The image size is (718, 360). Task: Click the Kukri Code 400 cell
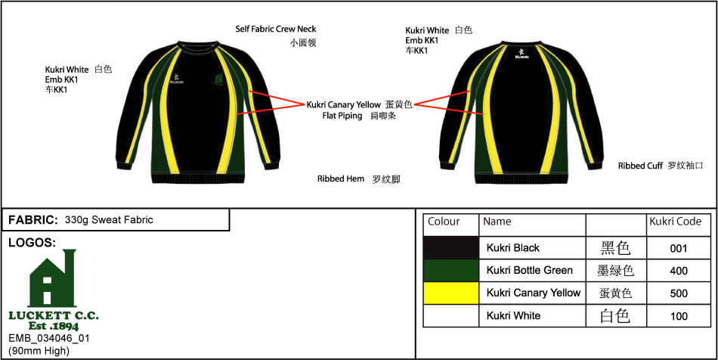point(679,271)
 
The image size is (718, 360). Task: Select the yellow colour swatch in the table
point(451,293)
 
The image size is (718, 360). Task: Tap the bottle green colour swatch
point(451,271)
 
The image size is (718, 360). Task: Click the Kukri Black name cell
point(513,248)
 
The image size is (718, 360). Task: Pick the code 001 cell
point(679,248)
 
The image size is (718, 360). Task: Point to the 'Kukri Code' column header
point(675,222)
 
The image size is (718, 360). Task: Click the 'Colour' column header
point(444,222)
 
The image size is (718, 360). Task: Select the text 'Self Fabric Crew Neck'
point(276,29)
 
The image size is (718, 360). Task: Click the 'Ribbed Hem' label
point(341,179)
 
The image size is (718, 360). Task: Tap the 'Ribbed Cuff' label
point(640,166)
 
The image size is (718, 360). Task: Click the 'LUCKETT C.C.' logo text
point(54,315)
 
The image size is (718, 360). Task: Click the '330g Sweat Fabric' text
point(109,220)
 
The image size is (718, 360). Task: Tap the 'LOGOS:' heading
point(32,243)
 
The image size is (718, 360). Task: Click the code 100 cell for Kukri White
point(679,316)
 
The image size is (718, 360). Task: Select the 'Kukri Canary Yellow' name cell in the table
point(534,293)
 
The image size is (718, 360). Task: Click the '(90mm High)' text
point(39,351)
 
